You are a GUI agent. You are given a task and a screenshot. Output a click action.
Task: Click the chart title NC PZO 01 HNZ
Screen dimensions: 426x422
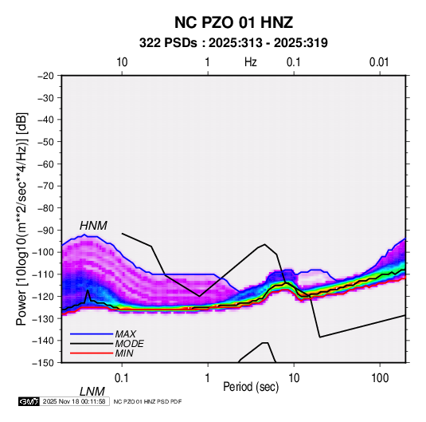pos(233,22)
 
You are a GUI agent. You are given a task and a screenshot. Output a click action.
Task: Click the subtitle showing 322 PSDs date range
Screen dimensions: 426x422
pos(233,43)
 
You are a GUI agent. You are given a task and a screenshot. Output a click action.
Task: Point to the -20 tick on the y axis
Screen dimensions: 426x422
pos(45,76)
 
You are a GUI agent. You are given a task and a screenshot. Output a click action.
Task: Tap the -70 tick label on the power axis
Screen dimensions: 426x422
pos(45,186)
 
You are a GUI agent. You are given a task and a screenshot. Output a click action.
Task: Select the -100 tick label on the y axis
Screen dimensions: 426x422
pos(43,252)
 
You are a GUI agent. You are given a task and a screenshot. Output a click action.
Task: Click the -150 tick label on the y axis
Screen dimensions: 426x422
pos(43,363)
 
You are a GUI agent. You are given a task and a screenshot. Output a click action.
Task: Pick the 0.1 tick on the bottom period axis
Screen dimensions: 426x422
pos(122,378)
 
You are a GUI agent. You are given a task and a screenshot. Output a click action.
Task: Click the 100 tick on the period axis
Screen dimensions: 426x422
pos(380,378)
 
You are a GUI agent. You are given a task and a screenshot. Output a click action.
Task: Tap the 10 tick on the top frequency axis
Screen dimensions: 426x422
pos(122,62)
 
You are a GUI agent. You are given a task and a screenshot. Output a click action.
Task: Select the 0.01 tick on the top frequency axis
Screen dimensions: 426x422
pos(379,62)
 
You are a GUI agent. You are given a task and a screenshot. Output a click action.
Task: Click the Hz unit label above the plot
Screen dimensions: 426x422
pos(251,62)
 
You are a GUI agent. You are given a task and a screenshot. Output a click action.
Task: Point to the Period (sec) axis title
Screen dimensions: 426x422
pos(251,387)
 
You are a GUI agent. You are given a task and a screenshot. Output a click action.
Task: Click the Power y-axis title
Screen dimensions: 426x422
pos(21,219)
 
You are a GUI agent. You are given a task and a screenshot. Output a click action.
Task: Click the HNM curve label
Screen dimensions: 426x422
pos(93,226)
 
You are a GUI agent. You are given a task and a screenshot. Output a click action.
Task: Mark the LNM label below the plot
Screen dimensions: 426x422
pos(92,392)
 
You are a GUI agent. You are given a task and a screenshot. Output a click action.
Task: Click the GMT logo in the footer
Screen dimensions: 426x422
pos(29,401)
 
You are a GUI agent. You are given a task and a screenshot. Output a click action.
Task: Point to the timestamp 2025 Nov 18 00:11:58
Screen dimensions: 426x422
pos(74,401)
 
